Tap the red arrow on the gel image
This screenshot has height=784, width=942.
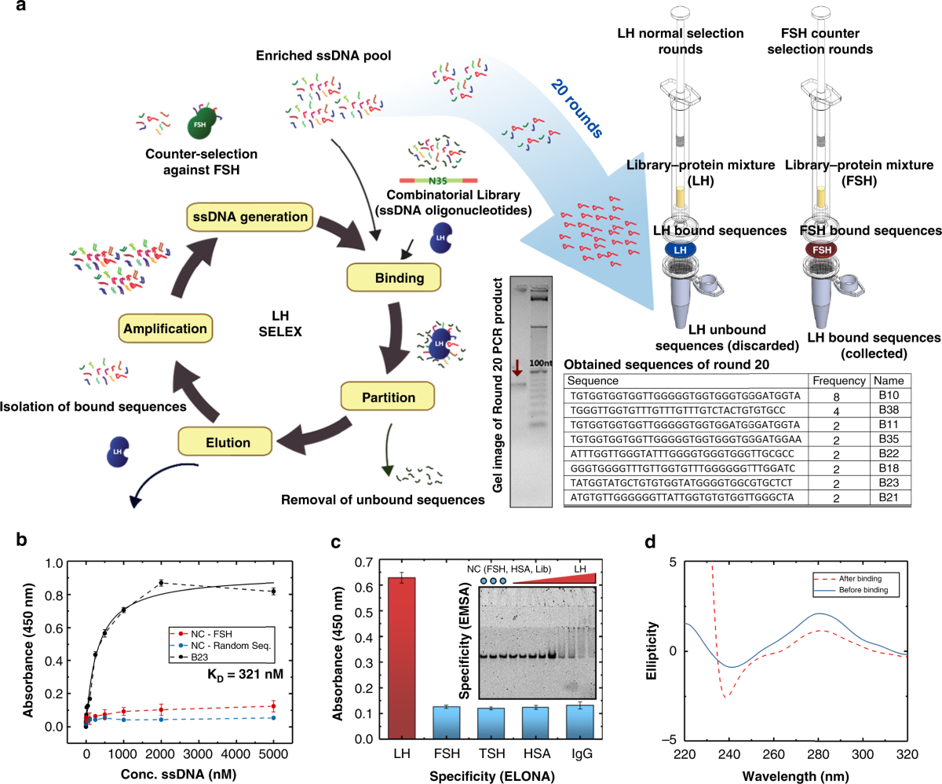(517, 368)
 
